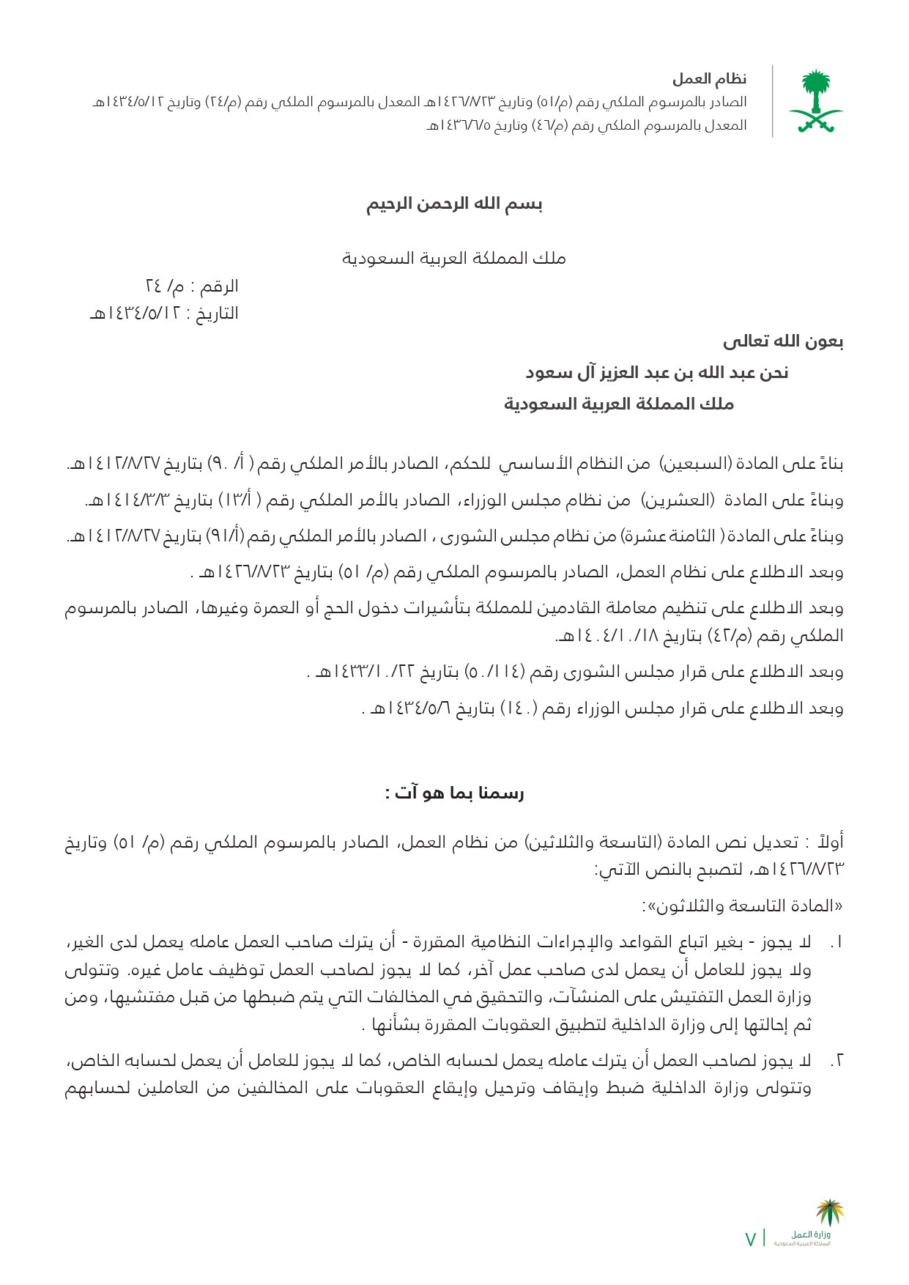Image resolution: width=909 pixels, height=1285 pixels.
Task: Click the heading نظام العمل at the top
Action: coord(709,78)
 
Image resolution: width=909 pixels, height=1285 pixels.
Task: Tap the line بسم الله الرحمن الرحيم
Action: coord(454,204)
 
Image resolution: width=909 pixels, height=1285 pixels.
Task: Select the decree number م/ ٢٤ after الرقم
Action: coord(166,286)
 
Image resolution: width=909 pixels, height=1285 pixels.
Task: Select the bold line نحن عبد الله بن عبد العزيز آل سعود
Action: coord(656,373)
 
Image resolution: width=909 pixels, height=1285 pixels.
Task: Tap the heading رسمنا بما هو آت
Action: coord(454,793)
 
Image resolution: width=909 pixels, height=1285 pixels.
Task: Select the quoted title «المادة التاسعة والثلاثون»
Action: coord(742,906)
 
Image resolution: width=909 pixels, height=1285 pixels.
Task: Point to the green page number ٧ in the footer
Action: coord(750,1238)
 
